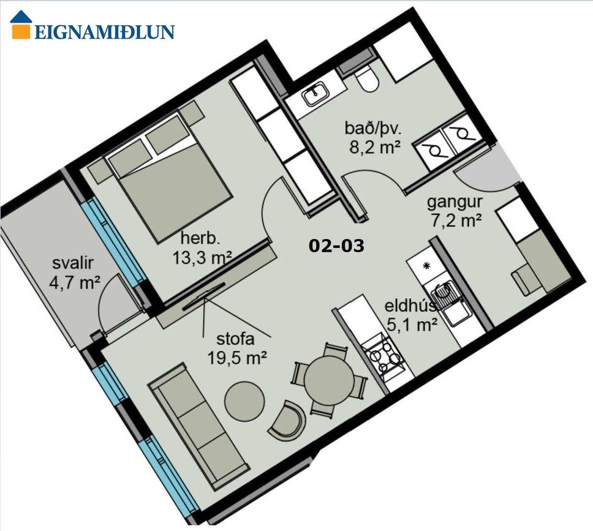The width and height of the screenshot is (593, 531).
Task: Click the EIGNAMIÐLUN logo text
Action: [x=104, y=32]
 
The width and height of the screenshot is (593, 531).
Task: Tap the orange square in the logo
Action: [x=20, y=31]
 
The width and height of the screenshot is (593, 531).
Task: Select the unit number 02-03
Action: [x=336, y=246]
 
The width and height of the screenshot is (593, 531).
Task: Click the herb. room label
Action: [x=200, y=239]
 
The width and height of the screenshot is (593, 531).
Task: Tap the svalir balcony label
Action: [x=73, y=263]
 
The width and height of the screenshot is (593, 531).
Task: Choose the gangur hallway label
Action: [x=455, y=203]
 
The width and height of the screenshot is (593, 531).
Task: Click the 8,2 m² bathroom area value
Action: [x=375, y=147]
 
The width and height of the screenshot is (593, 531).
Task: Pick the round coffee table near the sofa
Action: [x=244, y=402]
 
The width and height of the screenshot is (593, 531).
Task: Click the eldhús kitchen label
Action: [x=411, y=306]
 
